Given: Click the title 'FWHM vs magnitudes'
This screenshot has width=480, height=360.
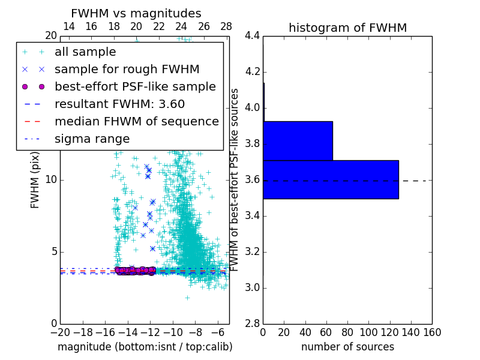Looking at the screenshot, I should point(136,13).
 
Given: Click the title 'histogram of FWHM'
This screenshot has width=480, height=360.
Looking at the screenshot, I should point(347,28).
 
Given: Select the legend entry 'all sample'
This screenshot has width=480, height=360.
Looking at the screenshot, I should point(85,52).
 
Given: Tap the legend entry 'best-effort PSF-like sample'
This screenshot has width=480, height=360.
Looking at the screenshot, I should point(135,87).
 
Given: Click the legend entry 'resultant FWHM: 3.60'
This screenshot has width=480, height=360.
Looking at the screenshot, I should point(119,104).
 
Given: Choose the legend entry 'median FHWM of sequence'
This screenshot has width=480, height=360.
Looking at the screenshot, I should point(136,122).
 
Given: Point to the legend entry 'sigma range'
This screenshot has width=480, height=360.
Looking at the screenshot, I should point(92,139).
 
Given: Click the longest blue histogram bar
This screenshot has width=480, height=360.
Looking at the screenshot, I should point(331,179).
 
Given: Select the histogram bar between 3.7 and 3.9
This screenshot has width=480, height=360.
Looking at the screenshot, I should point(298,141).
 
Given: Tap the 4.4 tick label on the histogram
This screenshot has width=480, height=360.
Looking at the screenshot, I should point(253,36).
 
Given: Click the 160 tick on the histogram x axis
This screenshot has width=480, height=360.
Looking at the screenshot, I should point(432,332).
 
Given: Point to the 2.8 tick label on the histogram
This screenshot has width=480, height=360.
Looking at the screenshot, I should point(253,324).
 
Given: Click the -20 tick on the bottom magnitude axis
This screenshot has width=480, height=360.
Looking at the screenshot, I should point(60,332).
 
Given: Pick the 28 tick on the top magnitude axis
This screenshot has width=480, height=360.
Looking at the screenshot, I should point(226,26).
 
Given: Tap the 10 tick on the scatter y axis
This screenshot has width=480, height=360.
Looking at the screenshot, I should point(52,180).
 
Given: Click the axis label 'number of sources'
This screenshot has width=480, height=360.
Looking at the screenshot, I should point(347,347).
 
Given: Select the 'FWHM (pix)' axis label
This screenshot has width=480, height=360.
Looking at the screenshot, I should point(35,180).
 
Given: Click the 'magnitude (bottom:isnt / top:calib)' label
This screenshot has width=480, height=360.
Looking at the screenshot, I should point(145,347).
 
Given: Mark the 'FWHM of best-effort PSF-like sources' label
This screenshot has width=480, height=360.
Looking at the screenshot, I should point(235,180).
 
